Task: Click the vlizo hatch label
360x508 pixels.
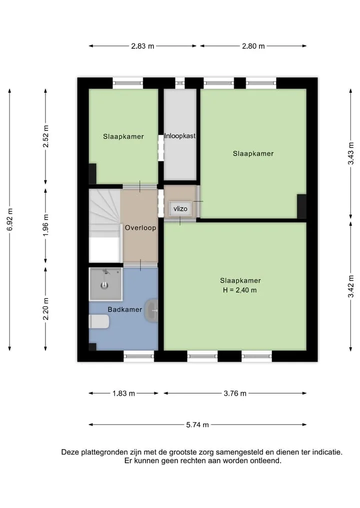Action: pyautogui.click(x=180, y=209)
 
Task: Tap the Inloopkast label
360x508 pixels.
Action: pyautogui.click(x=179, y=136)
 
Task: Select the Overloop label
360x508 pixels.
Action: pyautogui.click(x=140, y=228)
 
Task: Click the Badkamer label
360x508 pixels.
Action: pyautogui.click(x=125, y=309)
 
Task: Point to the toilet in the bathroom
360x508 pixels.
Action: pyautogui.click(x=99, y=322)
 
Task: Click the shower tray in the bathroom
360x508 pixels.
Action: pyautogui.click(x=105, y=284)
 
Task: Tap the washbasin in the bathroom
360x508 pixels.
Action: pyautogui.click(x=151, y=310)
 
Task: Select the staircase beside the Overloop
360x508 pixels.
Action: pyautogui.click(x=105, y=226)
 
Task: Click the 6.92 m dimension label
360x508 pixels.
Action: pyautogui.click(x=9, y=220)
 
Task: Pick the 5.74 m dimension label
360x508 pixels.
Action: pyautogui.click(x=197, y=425)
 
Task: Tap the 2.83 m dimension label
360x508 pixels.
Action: pyautogui.click(x=142, y=46)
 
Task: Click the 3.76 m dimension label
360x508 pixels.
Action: pyautogui.click(x=235, y=393)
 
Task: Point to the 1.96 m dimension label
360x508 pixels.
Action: pyautogui.click(x=45, y=225)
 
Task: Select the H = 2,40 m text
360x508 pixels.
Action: pyautogui.click(x=239, y=290)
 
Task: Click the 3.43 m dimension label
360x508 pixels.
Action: pyautogui.click(x=351, y=153)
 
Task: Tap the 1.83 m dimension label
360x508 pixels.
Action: pyautogui.click(x=123, y=394)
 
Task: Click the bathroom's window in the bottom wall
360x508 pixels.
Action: pyautogui.click(x=139, y=356)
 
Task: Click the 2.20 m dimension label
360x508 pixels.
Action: pyautogui.click(x=45, y=309)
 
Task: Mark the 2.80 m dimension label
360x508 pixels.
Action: pyautogui.click(x=253, y=46)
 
